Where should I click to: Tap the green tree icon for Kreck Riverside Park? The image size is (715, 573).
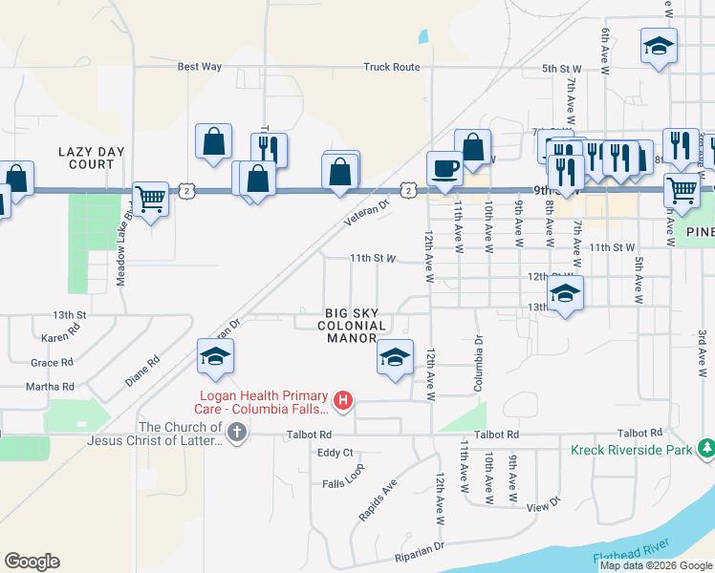705,447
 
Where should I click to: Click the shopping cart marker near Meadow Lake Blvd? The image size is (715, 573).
150,199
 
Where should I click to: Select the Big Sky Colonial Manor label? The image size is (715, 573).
345,325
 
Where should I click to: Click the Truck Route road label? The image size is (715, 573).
391,67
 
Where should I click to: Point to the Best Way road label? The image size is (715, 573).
200,67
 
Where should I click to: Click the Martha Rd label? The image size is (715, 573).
52,387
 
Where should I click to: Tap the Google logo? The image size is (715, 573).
32,562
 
